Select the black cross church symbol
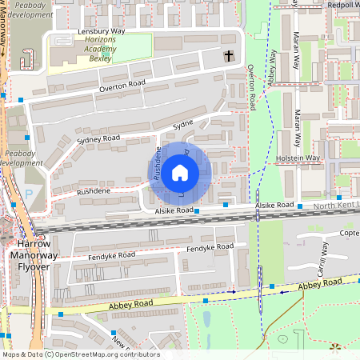[229, 56]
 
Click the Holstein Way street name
[298, 158]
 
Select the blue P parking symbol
[30, 194]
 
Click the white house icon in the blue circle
[180, 172]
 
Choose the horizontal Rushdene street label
[93, 192]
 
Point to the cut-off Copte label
[349, 233]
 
